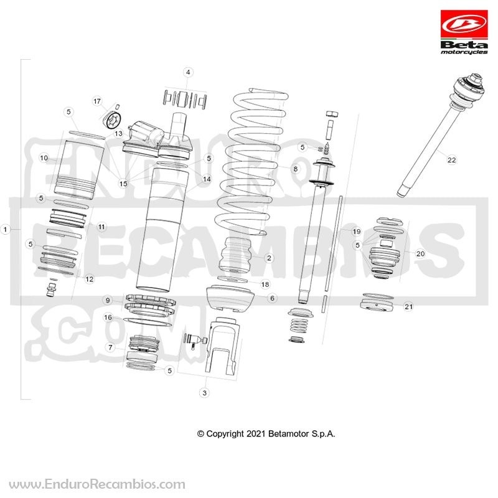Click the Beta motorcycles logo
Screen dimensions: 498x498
(x=464, y=32)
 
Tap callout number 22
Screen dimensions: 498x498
(x=451, y=160)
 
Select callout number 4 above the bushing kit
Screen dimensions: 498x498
(x=188, y=72)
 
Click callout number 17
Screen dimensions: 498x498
(x=97, y=101)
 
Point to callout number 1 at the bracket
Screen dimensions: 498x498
(x=5, y=229)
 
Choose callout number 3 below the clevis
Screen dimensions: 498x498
(x=205, y=393)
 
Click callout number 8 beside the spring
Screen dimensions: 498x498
(x=295, y=169)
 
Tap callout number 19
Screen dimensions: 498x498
(x=356, y=232)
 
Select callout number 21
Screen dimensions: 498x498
(x=408, y=306)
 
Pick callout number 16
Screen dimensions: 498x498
(x=108, y=317)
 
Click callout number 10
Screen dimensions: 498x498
(x=44, y=158)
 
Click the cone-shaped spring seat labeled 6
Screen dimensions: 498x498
(x=230, y=299)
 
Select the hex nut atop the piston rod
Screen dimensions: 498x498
(x=332, y=115)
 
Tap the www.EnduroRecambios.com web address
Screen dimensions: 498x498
(x=97, y=485)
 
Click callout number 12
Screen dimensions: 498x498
(x=90, y=279)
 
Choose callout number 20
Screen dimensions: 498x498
(x=420, y=254)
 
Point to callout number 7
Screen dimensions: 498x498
(x=110, y=347)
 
